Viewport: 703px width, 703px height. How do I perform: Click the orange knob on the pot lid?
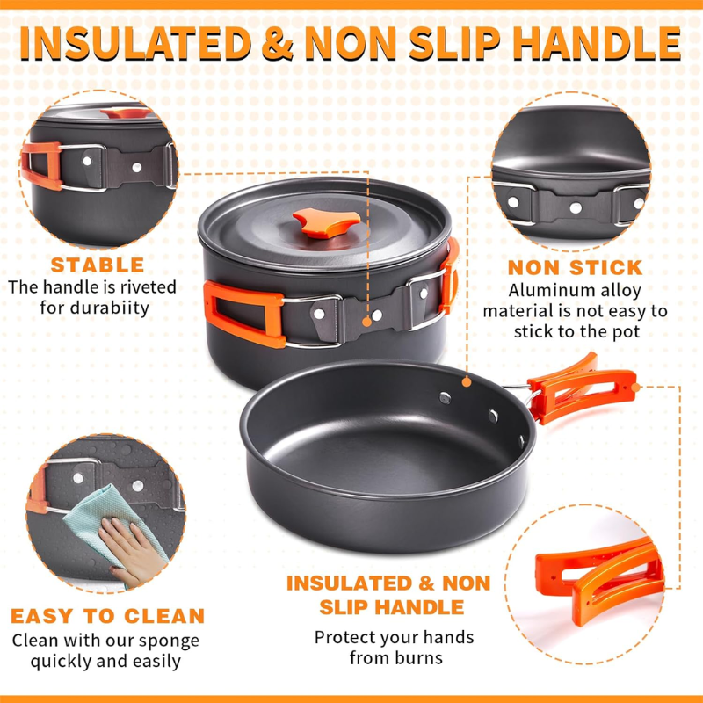tap(326, 222)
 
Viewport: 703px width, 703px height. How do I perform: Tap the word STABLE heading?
tap(98, 265)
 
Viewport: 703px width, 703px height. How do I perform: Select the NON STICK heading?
tap(576, 268)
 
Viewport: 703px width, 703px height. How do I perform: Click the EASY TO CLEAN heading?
tap(107, 616)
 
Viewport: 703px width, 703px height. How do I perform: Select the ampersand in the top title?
tap(278, 43)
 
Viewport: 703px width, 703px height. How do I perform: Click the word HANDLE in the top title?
tap(597, 43)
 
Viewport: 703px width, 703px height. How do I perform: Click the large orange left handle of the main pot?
tap(244, 315)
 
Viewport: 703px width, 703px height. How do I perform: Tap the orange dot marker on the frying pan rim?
tap(467, 382)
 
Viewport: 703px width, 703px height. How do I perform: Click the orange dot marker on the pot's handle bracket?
tap(366, 322)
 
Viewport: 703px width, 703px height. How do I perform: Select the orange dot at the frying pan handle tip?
tap(635, 387)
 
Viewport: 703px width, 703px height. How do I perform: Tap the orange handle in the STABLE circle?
tap(41, 166)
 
